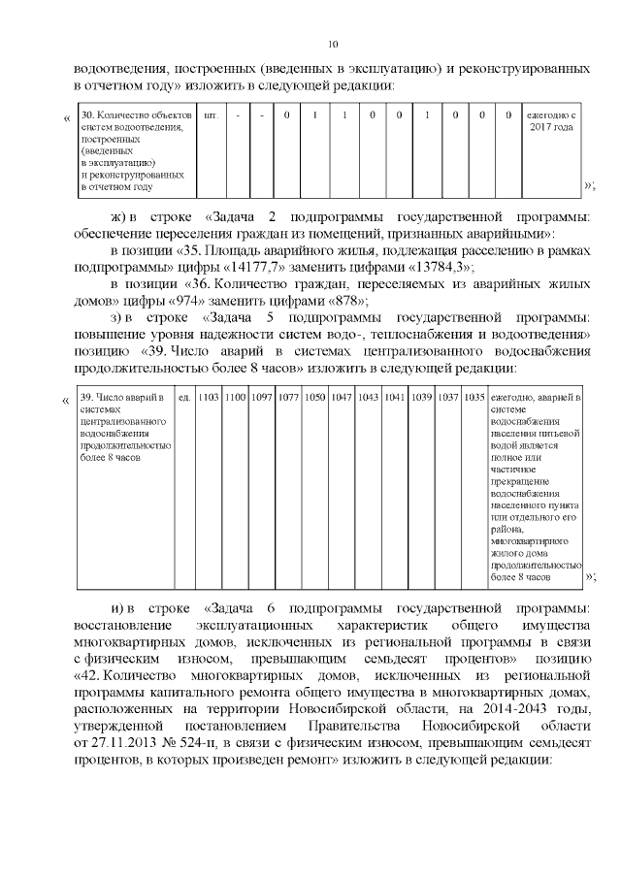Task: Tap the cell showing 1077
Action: coord(288,397)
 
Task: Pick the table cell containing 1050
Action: coord(315,397)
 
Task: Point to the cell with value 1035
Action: coord(474,397)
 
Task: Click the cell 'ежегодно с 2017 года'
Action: coord(550,122)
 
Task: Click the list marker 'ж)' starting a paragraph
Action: coord(118,213)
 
